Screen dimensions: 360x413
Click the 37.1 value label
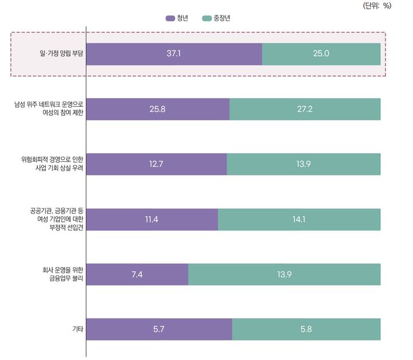(x=174, y=54)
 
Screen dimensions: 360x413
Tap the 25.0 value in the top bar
(x=321, y=54)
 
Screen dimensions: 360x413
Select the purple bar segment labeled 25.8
(x=158, y=109)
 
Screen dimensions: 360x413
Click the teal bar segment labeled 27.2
(x=305, y=109)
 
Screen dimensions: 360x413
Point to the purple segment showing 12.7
(x=157, y=164)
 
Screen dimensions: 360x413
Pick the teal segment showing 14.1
(x=299, y=219)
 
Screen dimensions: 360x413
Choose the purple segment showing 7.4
(x=137, y=274)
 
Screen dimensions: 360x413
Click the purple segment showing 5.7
(x=159, y=329)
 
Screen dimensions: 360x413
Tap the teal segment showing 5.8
(x=306, y=329)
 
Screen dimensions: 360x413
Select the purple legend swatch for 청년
(x=170, y=18)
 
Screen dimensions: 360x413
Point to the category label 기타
(x=77, y=329)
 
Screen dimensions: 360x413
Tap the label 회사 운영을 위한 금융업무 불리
(x=60, y=274)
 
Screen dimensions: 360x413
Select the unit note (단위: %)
(x=377, y=6)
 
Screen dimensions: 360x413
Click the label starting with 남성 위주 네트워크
(x=49, y=109)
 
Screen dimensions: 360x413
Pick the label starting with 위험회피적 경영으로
(x=52, y=164)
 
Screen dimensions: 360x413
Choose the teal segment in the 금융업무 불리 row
(x=284, y=274)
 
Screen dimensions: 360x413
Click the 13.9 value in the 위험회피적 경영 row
(x=303, y=164)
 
